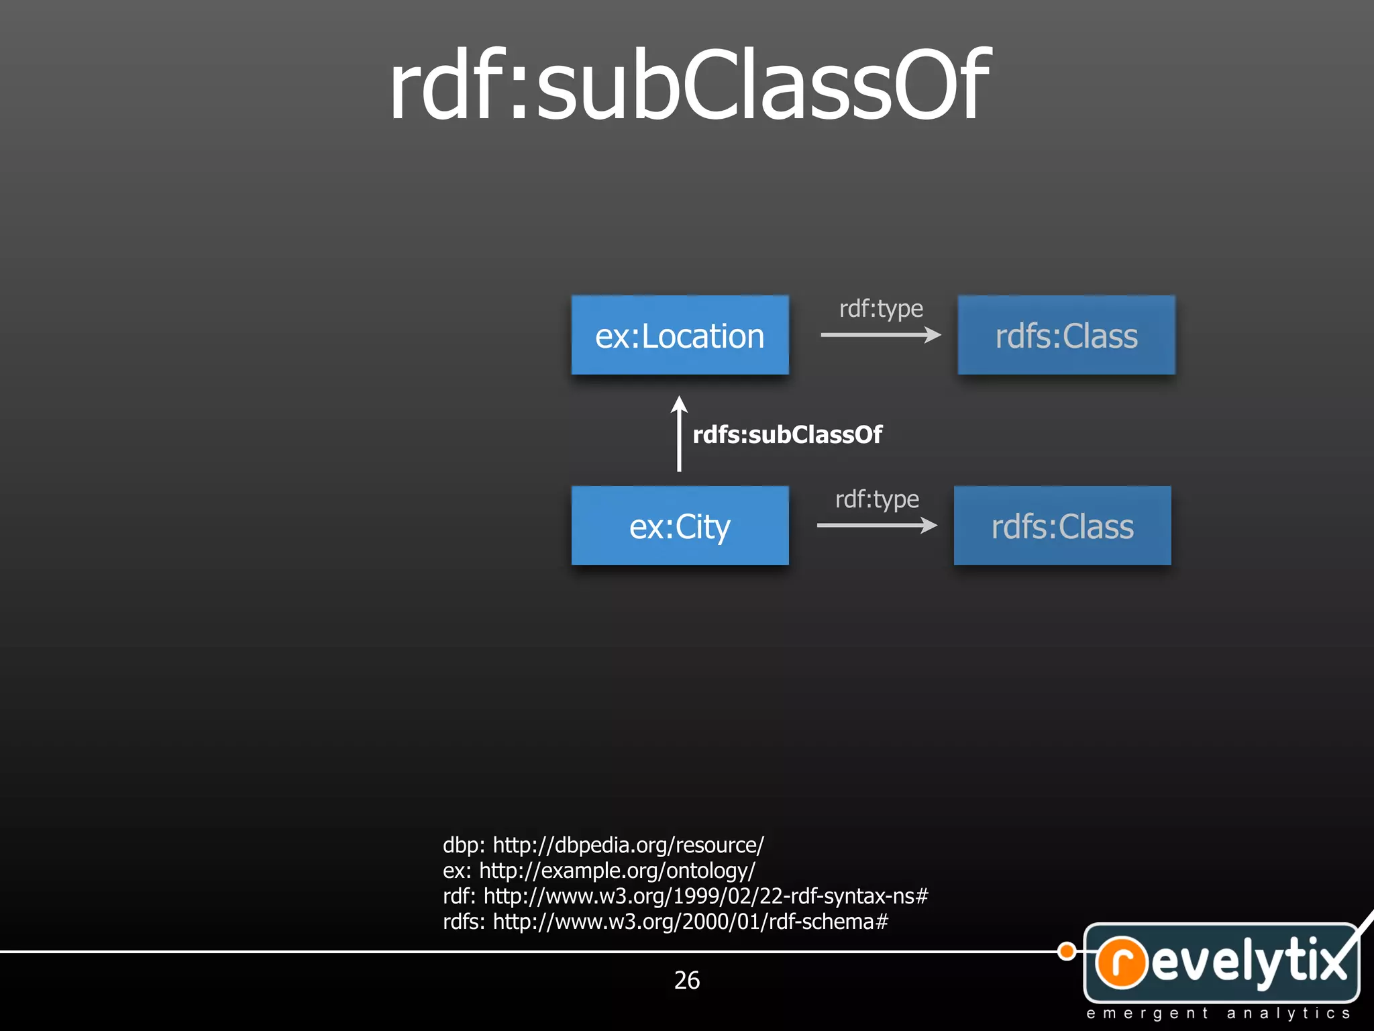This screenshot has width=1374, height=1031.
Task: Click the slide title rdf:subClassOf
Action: (x=689, y=85)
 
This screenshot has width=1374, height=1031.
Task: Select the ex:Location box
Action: (x=680, y=335)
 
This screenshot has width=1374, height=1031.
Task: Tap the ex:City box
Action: (x=680, y=526)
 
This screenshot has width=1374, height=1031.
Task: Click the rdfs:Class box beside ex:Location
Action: (x=1066, y=335)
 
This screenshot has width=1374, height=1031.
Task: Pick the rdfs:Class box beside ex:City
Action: (x=1062, y=526)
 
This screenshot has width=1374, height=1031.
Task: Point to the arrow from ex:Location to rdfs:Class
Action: (x=880, y=334)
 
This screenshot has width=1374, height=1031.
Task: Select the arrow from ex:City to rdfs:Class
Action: (x=876, y=525)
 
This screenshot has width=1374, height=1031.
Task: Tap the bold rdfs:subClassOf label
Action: (x=787, y=435)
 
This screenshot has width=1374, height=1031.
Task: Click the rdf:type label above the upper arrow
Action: (x=881, y=309)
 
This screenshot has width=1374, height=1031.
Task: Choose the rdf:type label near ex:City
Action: (x=877, y=499)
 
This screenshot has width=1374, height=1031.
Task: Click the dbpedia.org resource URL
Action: (x=628, y=845)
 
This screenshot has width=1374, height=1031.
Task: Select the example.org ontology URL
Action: (x=617, y=871)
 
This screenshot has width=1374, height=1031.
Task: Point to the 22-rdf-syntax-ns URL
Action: (x=706, y=896)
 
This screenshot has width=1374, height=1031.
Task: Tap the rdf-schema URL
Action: (x=690, y=922)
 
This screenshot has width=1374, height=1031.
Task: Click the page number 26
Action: (x=687, y=981)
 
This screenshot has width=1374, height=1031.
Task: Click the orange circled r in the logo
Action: (x=1121, y=962)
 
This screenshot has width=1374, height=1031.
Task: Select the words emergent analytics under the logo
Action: (x=1218, y=1014)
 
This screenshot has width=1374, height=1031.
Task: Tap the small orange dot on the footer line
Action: (x=1067, y=951)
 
